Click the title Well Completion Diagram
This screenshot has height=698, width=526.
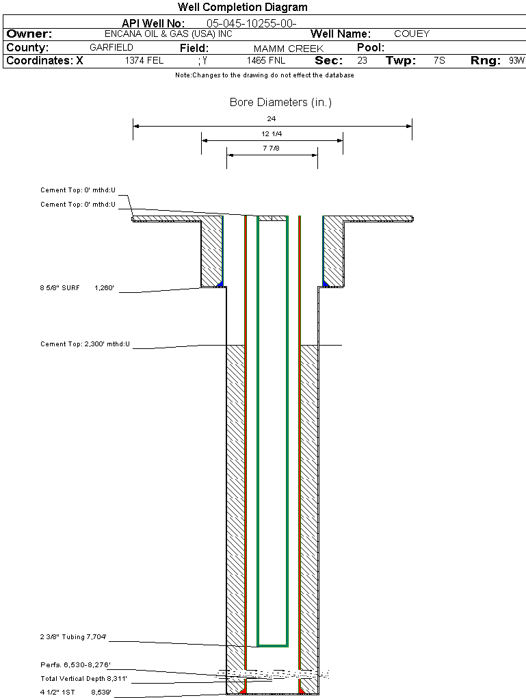tap(242, 8)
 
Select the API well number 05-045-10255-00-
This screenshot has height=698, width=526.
tap(251, 23)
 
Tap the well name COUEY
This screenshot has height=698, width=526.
tap(412, 34)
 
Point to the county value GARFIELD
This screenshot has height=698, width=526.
tap(111, 48)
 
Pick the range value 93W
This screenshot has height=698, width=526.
tap(516, 61)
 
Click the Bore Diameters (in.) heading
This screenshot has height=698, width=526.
tap(280, 103)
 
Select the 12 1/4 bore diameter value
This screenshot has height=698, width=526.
tap(272, 133)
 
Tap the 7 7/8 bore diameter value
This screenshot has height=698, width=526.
tap(272, 148)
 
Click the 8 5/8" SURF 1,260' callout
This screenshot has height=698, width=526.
tap(81, 288)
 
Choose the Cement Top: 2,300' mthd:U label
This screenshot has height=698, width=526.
tap(85, 344)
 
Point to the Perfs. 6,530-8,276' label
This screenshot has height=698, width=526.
tap(75, 664)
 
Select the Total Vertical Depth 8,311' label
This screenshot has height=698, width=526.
tap(83, 678)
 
